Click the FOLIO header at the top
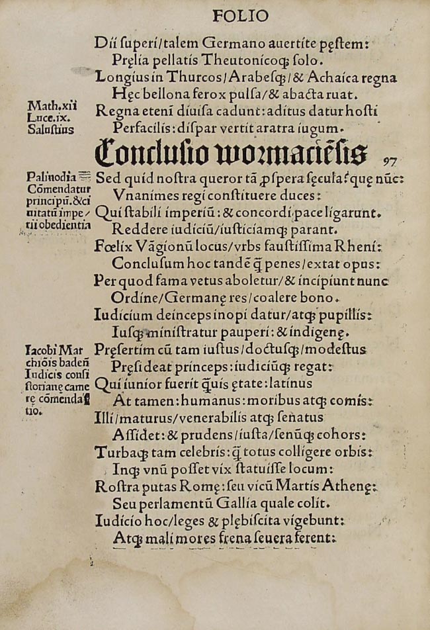tap(240, 15)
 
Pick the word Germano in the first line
tap(234, 43)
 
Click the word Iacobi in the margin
tap(40, 350)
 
